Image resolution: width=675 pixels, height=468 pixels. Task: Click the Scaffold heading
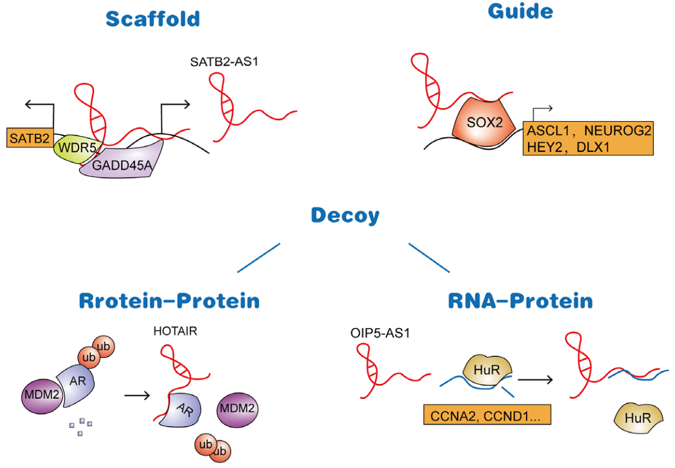pos(153,19)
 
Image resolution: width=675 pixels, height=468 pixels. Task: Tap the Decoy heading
pos(345,216)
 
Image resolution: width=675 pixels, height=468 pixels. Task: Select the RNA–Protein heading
pos(520,301)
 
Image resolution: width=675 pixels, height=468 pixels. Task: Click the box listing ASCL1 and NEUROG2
pos(588,138)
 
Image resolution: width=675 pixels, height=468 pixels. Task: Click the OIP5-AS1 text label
pos(380,333)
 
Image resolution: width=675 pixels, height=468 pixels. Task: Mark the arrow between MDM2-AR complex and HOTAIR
pos(137,395)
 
